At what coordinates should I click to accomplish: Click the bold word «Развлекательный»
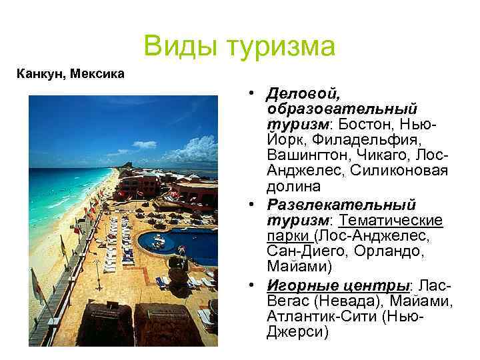point(341,203)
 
